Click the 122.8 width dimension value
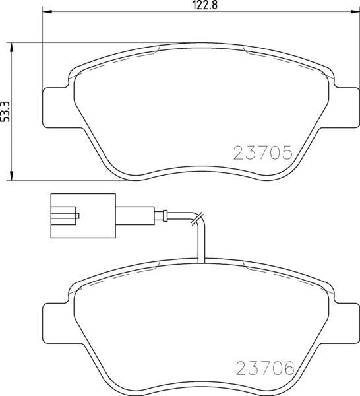click(205, 5)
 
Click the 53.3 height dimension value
click(5, 112)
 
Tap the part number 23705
click(263, 153)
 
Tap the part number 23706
click(265, 368)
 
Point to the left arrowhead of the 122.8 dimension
click(47, 11)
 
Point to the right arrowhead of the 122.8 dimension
click(354, 11)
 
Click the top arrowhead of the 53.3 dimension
click(11, 48)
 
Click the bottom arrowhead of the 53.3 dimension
click(11, 176)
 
